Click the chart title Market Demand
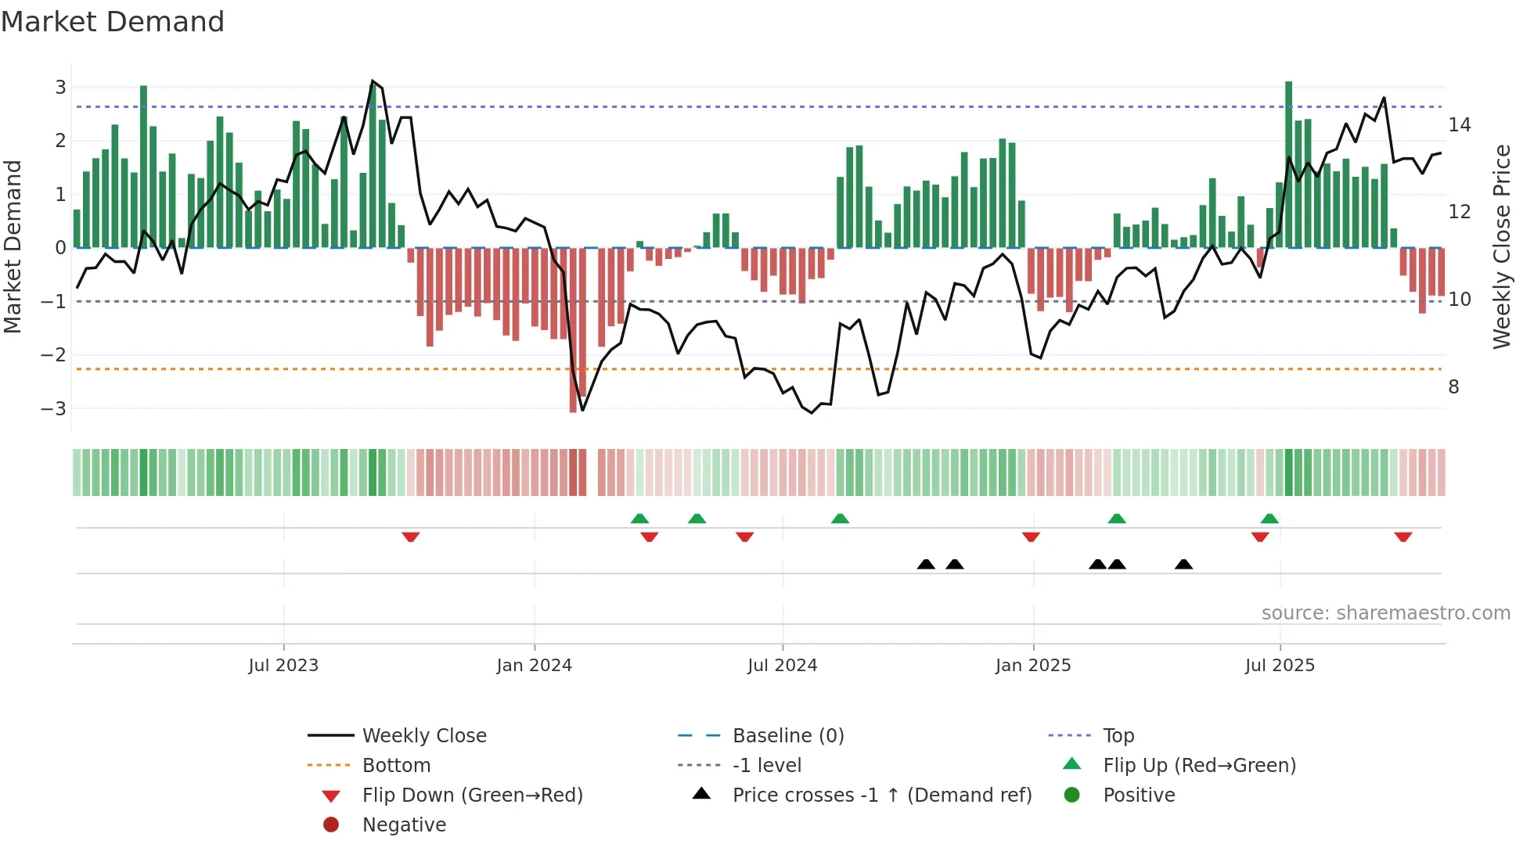pos(113,22)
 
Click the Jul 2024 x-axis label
pos(782,666)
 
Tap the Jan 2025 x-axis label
pos(1032,666)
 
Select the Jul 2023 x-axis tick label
pos(283,666)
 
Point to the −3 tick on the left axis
pos(53,408)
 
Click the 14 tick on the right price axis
pos(1459,124)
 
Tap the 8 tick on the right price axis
pos(1453,386)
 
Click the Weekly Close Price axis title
pos(1501,246)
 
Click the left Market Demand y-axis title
pos(13,246)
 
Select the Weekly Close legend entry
pos(423,735)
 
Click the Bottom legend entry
pos(396,765)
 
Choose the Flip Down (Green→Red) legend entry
pos(472,795)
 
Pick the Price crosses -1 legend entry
pos(881,795)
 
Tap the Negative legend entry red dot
pos(331,824)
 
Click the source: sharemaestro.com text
pos(1385,612)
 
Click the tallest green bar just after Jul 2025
pos(1288,164)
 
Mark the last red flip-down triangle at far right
pos(1403,537)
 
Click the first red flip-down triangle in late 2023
pos(410,537)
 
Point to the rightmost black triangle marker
pos(1183,564)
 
